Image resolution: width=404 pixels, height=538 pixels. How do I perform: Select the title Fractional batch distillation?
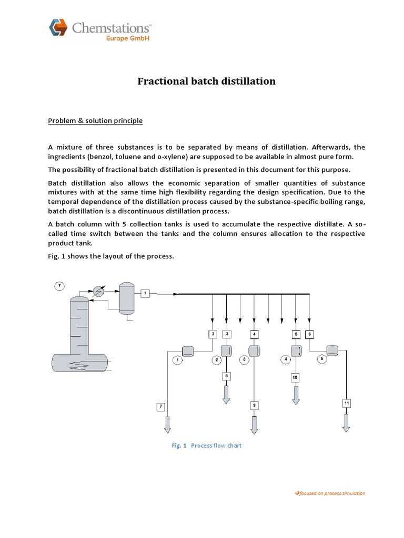206,81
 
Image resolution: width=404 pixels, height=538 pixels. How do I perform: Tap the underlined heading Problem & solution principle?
95,121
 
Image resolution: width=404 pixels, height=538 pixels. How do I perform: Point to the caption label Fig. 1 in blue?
179,446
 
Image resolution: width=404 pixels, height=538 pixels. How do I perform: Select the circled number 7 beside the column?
60,286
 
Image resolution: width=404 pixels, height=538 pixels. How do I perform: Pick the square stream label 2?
212,334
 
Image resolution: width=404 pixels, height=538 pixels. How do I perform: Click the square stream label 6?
309,334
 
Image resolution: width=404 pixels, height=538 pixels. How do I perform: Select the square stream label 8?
226,376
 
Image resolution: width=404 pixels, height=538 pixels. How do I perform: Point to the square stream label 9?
254,405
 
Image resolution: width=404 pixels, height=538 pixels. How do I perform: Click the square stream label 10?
295,377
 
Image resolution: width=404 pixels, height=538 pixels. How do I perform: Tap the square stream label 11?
346,403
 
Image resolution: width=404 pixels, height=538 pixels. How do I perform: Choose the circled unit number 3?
244,360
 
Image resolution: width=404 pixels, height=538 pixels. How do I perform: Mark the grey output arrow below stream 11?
346,421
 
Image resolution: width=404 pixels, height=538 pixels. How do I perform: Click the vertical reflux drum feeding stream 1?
126,298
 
